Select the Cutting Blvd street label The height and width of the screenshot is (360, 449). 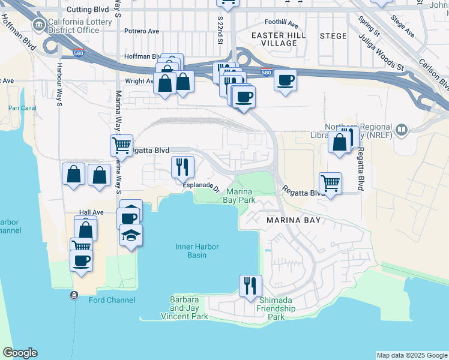87,10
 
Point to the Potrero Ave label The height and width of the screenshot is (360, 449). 142,31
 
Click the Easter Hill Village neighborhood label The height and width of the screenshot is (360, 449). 279,39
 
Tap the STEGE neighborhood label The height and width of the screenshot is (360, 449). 333,36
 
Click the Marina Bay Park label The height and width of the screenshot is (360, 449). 241,196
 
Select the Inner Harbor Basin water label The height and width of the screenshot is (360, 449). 197,251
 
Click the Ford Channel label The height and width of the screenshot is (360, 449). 112,300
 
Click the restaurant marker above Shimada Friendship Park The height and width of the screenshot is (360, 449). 250,286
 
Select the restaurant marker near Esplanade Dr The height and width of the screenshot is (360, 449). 182,166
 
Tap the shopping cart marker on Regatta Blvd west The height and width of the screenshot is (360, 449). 121,145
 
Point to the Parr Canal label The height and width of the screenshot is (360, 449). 23,108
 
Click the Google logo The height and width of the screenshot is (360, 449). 20,353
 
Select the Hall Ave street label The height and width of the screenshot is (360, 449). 92,212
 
